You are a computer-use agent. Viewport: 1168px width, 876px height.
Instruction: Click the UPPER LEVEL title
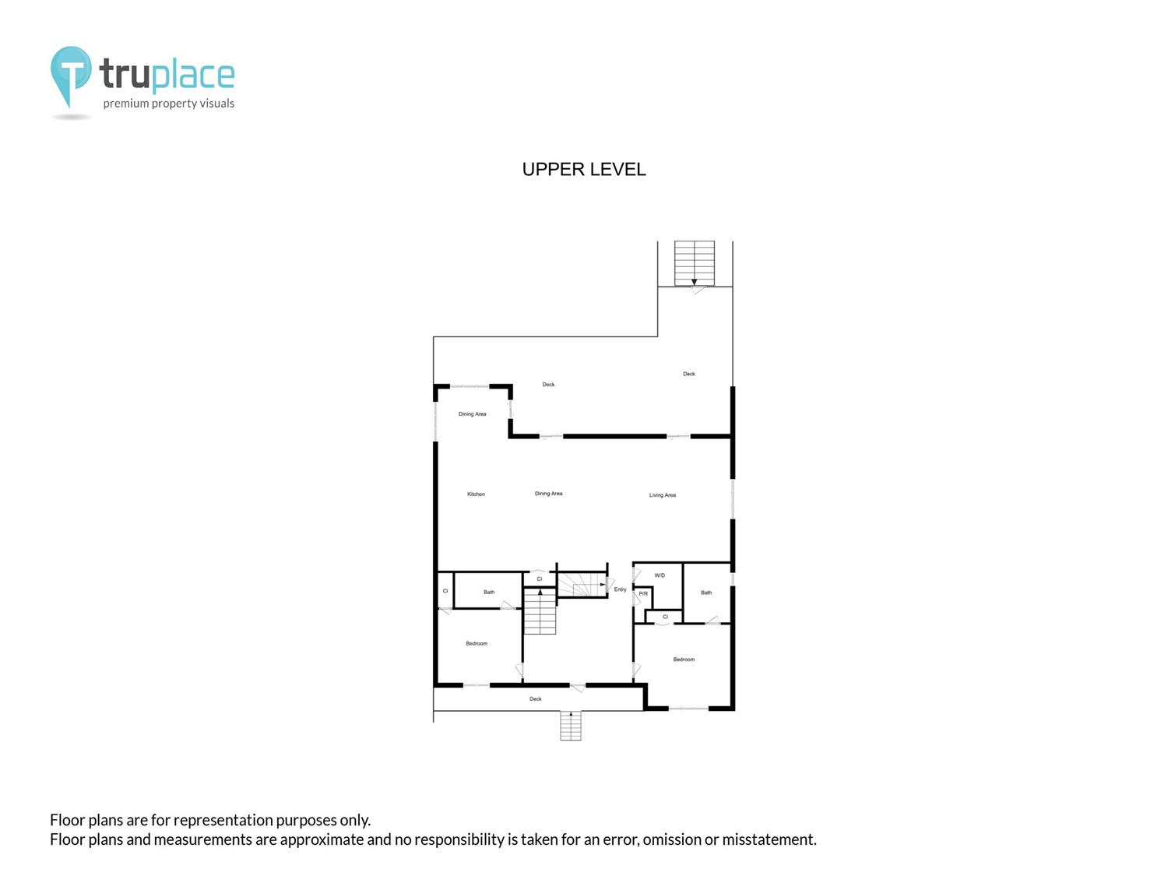click(x=584, y=169)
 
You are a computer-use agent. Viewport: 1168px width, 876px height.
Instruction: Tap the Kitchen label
click(x=476, y=494)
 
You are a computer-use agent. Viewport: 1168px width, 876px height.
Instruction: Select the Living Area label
click(x=663, y=495)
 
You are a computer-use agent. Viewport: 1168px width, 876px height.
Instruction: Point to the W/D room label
click(x=660, y=575)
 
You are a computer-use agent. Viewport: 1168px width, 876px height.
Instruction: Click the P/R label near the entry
click(x=643, y=593)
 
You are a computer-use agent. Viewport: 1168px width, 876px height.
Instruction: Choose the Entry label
click(x=621, y=589)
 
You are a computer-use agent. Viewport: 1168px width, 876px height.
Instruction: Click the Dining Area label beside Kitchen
click(x=549, y=494)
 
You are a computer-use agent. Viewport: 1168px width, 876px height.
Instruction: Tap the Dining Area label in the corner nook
click(x=473, y=413)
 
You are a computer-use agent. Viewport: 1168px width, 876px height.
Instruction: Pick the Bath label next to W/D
click(x=706, y=593)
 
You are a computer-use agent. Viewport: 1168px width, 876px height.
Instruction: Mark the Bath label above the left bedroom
click(x=489, y=592)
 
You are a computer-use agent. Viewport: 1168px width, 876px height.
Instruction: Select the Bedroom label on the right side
click(x=684, y=660)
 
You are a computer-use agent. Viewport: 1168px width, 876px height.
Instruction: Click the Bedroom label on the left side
click(x=477, y=644)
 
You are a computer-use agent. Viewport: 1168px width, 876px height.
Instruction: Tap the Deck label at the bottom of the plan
click(x=535, y=699)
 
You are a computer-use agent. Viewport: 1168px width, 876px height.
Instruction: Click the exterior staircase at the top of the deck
click(x=695, y=263)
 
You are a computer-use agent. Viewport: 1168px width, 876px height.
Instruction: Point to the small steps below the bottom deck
click(x=571, y=726)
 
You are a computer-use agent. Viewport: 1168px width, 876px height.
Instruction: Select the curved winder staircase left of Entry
click(x=582, y=584)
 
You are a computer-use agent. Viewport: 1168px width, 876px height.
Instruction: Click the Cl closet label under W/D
click(x=665, y=617)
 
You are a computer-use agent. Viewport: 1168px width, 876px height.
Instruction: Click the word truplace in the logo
click(x=167, y=74)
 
